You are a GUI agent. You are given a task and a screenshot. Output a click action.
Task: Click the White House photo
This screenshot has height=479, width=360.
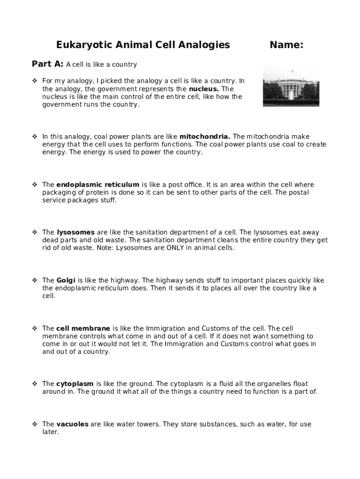(291, 86)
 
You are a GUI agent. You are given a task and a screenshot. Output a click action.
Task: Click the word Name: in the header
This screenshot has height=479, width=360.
(286, 45)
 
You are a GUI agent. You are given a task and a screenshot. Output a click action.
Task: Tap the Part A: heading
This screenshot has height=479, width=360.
(48, 64)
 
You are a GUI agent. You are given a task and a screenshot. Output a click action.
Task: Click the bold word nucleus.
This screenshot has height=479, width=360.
(204, 89)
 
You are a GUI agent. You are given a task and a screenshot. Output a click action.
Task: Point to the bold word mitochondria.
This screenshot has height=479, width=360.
(205, 137)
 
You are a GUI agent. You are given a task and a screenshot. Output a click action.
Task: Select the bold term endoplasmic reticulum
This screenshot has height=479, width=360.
(98, 185)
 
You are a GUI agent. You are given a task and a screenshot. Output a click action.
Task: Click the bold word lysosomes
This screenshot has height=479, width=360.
(76, 232)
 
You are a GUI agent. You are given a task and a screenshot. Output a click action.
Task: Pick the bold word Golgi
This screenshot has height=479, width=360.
(66, 281)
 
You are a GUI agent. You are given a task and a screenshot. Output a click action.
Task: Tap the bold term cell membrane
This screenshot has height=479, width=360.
(83, 328)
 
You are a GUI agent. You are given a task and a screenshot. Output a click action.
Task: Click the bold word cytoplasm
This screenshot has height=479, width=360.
(75, 384)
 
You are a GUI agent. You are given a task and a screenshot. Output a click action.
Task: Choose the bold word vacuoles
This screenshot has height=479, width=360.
(72, 424)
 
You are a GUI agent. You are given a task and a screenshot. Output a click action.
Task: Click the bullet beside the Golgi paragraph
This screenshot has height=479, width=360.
(35, 281)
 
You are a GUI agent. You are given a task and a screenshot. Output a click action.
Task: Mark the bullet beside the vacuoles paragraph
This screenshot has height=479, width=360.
(35, 424)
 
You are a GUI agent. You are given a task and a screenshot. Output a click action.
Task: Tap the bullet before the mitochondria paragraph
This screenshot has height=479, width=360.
(35, 137)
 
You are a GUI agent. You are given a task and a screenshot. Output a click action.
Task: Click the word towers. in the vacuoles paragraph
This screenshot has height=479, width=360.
(147, 424)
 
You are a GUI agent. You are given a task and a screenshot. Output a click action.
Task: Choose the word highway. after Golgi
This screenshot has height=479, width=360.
(126, 281)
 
